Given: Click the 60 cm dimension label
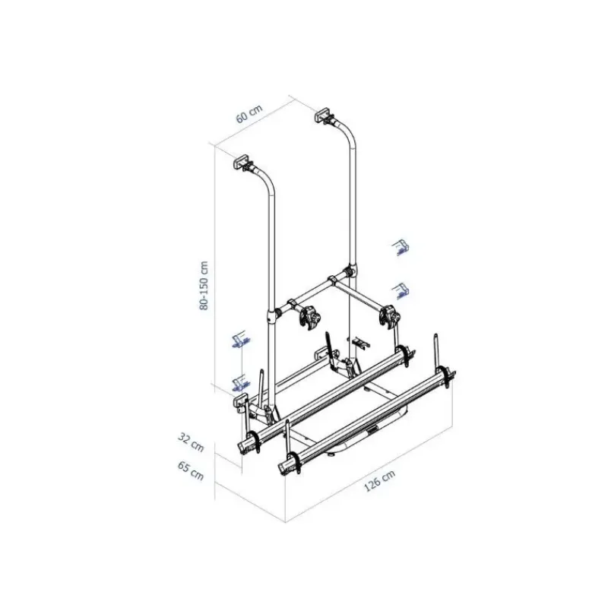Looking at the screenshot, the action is pyautogui.click(x=249, y=113).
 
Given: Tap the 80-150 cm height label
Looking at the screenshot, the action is pyautogui.click(x=204, y=286).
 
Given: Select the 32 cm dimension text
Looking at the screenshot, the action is pyautogui.click(x=191, y=442).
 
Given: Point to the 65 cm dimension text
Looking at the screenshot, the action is pyautogui.click(x=191, y=470).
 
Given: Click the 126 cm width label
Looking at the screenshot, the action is pyautogui.click(x=379, y=481).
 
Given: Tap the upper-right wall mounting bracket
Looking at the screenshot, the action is pyautogui.click(x=324, y=116).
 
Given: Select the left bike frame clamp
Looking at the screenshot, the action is pyautogui.click(x=309, y=317).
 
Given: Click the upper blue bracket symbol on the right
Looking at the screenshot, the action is pyautogui.click(x=401, y=248).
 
